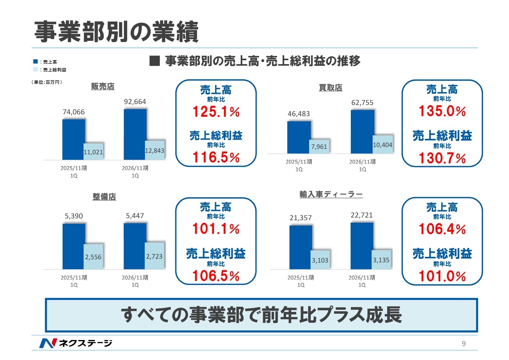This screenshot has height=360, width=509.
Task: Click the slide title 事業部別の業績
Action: pos(116,32)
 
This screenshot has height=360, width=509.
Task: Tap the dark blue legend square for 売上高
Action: pos(35,62)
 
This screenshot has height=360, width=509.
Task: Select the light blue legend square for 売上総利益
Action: pos(35,70)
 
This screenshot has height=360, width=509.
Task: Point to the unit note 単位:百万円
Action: pos(47,82)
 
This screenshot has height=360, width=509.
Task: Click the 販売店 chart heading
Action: pos(103,87)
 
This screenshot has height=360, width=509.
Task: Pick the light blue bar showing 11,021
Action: pos(93,152)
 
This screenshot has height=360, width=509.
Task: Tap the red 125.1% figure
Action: pos(216,112)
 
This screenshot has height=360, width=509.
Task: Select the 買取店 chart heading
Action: pos(331,88)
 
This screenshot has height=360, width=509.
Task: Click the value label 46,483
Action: pos(299,114)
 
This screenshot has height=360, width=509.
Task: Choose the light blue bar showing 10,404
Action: pos(383,145)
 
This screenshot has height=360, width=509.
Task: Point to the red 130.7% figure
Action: pos(442,158)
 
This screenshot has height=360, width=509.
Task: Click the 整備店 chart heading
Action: pos(104,197)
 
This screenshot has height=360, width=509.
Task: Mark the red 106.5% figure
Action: pos(216,276)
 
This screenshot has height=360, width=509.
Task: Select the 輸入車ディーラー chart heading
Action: pos(331,195)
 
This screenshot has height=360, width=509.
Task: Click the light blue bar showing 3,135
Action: pos(381,260)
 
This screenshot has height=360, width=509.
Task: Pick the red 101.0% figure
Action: pos(442,276)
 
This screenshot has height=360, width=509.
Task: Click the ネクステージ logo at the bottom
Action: pos(76,343)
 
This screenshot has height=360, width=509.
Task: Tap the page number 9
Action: pos(464,343)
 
